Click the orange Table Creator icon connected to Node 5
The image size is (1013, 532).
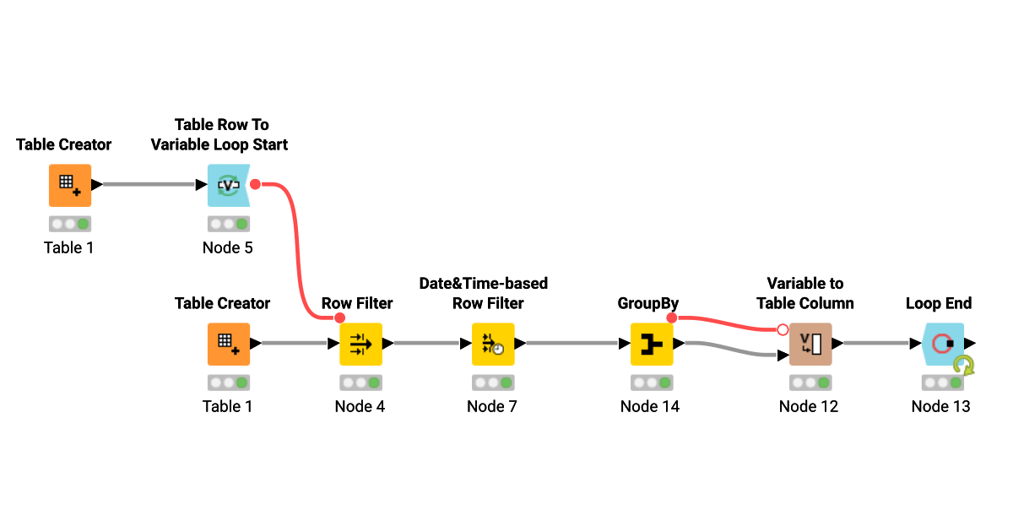[x=69, y=186]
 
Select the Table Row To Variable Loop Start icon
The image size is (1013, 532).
[x=228, y=186]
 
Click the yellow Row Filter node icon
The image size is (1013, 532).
[x=360, y=344]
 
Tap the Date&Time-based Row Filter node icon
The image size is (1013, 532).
[x=492, y=344]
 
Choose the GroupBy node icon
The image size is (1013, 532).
[x=651, y=344]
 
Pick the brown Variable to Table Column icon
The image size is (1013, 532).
[x=810, y=344]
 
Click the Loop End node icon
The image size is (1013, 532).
[x=941, y=344]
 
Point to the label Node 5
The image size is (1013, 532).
[x=228, y=247]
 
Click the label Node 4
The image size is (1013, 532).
[x=360, y=406]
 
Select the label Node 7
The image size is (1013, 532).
[x=492, y=406]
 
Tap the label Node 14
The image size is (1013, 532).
[x=650, y=406]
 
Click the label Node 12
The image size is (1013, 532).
[x=809, y=406]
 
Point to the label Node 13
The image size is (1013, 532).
[x=941, y=406]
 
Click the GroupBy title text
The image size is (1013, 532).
[x=648, y=303]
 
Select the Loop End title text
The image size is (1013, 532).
[x=939, y=303]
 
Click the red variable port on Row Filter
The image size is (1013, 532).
[x=339, y=318]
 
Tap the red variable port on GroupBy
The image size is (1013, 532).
[x=672, y=318]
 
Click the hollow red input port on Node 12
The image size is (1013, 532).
[x=783, y=329]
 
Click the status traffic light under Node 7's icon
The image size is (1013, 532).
[x=492, y=383]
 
